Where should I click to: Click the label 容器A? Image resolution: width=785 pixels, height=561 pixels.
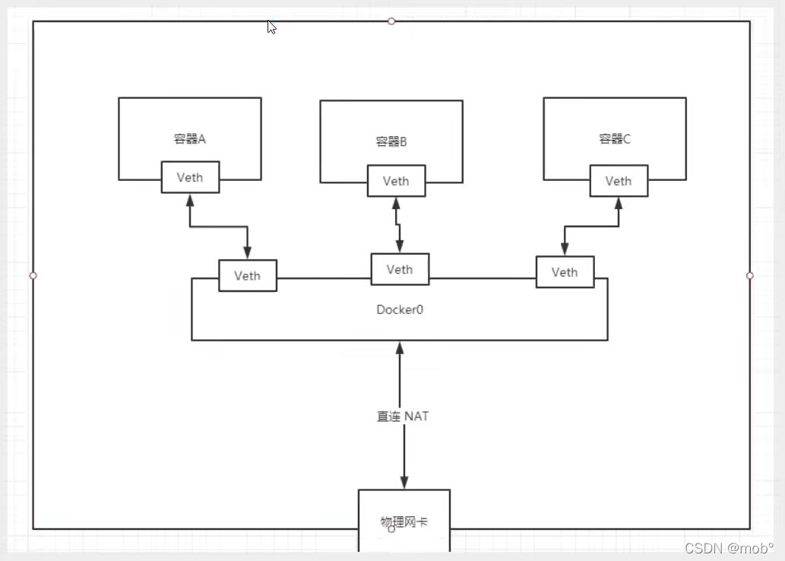190,138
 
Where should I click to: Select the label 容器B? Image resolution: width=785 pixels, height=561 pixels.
392,141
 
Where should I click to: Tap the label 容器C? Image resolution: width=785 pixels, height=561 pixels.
615,138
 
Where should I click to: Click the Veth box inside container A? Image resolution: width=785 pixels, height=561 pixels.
190,177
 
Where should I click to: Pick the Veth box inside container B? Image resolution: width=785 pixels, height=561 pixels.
396,181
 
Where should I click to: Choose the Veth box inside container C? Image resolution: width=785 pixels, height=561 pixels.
619,181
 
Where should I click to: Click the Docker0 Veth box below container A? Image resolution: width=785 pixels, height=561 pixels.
248,275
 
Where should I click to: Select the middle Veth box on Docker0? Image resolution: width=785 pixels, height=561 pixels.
400,269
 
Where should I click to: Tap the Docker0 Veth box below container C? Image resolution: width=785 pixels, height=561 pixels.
565,272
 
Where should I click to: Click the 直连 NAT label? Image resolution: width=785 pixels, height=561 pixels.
403,417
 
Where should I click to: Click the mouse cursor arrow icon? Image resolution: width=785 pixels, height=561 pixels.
271,27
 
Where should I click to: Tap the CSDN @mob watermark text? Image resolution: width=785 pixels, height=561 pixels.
729,548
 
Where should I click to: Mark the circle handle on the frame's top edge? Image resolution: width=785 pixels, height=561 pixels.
391,21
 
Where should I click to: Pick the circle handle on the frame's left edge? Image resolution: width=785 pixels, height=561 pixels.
33,275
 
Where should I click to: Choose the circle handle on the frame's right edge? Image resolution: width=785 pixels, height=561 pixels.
750,275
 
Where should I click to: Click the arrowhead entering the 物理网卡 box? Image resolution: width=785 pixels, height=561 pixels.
404,483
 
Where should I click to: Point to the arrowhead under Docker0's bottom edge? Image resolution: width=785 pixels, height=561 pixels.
399,348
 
